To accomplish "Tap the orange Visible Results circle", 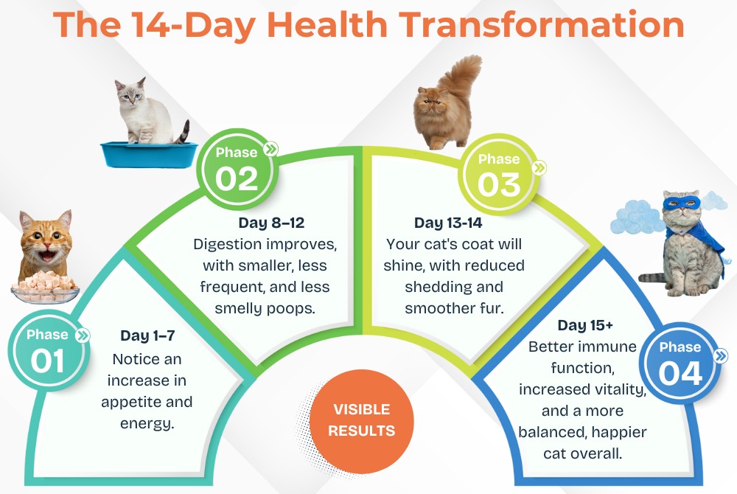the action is coord(361,421).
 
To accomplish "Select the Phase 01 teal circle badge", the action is coord(47,350).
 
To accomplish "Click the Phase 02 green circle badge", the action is coord(237,168).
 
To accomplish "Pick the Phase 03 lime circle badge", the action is coord(499,175).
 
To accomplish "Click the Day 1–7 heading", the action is coord(147,335).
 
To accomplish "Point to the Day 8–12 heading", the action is coord(272,223).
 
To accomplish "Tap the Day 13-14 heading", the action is coord(448,223).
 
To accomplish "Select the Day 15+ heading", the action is coord(585,325).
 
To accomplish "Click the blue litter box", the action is coord(149,154).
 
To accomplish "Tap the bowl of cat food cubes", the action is coord(45,288).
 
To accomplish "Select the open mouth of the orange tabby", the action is coord(47,257).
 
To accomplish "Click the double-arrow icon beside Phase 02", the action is coord(270,150).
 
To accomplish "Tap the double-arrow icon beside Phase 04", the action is coord(720,356).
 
